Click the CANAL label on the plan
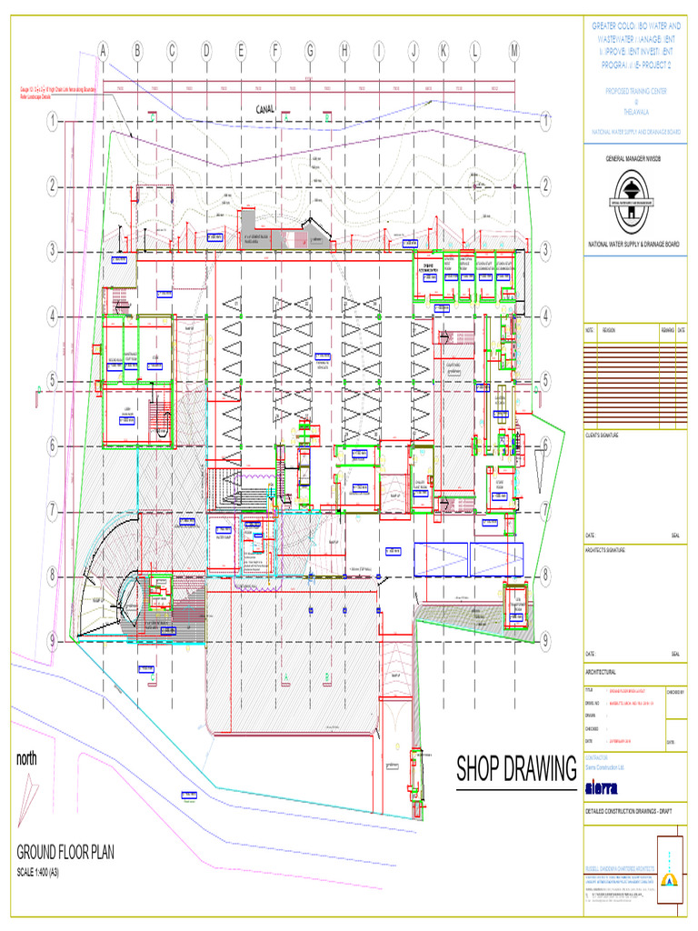tap(265, 109)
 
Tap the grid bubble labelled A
tap(102, 52)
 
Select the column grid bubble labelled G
tap(310, 52)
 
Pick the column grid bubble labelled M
tap(514, 52)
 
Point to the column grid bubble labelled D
tap(206, 52)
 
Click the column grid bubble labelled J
tap(413, 52)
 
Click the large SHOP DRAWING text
tap(515, 769)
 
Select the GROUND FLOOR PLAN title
tap(77, 853)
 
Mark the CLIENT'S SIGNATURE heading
tap(601, 435)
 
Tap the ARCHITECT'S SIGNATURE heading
tap(606, 551)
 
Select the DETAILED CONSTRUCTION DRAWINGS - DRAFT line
tap(627, 810)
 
